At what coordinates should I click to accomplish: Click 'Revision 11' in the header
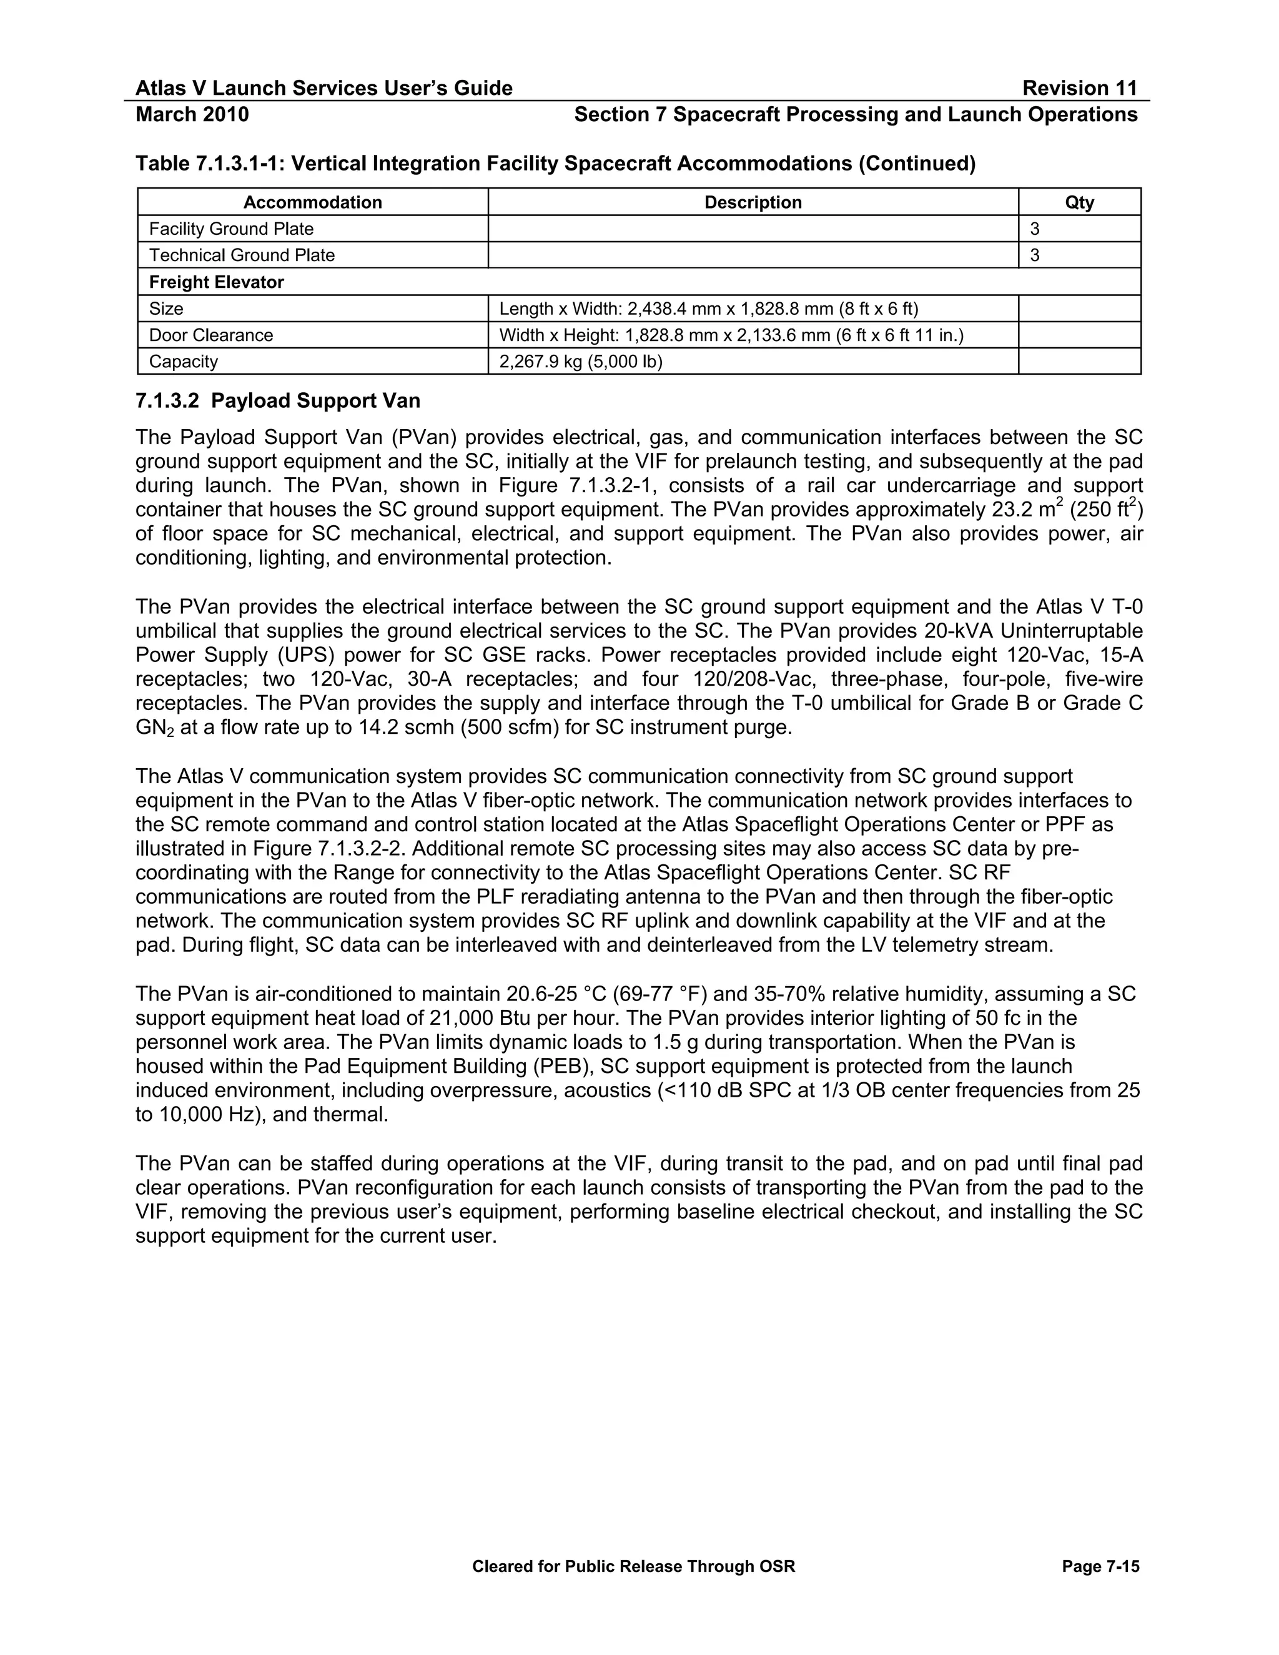coord(1079,89)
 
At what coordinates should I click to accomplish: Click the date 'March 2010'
coord(192,114)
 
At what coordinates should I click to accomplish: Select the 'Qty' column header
coord(1079,202)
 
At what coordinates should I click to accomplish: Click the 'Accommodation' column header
coord(312,202)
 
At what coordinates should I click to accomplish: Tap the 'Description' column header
coord(753,202)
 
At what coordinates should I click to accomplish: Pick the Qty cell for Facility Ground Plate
coord(1079,229)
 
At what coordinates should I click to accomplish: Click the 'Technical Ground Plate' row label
coord(242,255)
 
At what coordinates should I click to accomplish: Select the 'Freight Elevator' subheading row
coord(216,283)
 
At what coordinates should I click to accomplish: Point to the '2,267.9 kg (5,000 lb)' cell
coord(580,362)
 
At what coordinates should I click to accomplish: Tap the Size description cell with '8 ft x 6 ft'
coord(708,309)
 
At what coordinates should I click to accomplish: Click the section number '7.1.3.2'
coord(167,401)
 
